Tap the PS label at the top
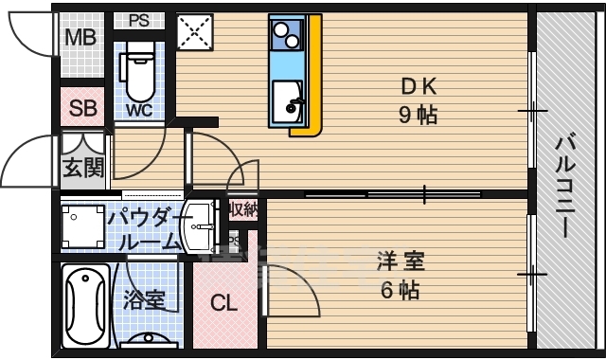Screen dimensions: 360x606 tap(138, 20)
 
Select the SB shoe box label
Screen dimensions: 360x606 tap(83, 108)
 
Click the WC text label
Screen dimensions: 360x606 tap(138, 109)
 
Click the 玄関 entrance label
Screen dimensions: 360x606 tap(83, 168)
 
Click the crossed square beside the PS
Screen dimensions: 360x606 tap(195, 33)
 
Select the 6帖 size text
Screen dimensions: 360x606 tap(399, 289)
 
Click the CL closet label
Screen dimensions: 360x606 tap(223, 304)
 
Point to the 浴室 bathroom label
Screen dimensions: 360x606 tap(144, 300)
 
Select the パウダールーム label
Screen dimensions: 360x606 tap(144, 230)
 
